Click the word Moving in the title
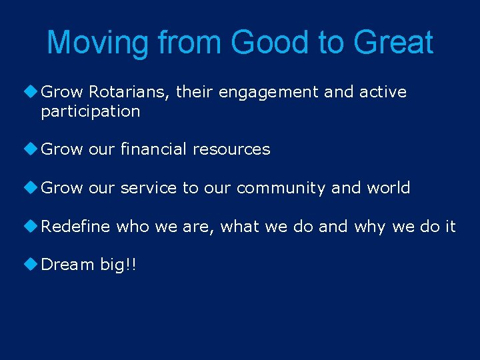[x=99, y=43]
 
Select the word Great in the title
[x=393, y=43]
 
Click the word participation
[x=91, y=111]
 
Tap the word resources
[x=231, y=149]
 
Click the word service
[x=149, y=188]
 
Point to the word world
[x=388, y=188]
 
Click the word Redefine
[x=75, y=227]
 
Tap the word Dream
[x=67, y=265]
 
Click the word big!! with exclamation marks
[x=118, y=265]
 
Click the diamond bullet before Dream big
[x=33, y=264]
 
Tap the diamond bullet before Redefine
[x=33, y=226]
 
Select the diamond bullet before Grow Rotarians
[x=33, y=91]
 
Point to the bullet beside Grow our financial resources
[x=33, y=149]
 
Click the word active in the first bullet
[x=383, y=92]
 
